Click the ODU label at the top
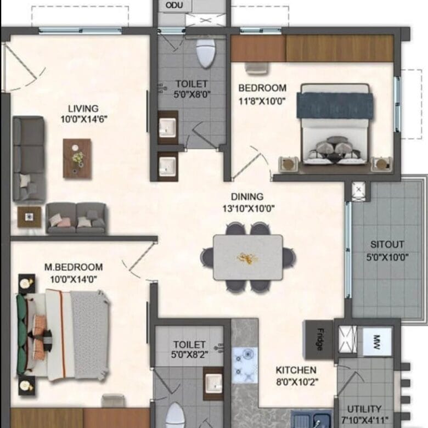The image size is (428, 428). click(x=174, y=5)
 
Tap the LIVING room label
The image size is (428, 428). click(x=83, y=109)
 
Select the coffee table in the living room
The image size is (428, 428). click(x=77, y=159)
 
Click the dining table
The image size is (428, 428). click(x=248, y=257)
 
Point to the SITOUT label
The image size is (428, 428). click(x=387, y=245)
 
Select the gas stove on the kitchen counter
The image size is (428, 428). click(x=245, y=365)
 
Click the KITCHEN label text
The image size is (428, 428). click(x=296, y=370)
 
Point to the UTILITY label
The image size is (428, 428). click(x=364, y=409)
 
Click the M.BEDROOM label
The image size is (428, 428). click(x=74, y=267)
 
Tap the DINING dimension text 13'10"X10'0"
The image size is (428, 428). click(x=249, y=209)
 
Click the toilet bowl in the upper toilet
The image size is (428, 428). click(x=206, y=54)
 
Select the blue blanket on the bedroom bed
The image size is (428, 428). click(x=335, y=106)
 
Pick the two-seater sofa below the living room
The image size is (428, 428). click(x=76, y=218)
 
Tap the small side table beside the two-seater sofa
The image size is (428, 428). click(x=29, y=217)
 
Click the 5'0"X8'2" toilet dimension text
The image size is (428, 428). click(x=190, y=354)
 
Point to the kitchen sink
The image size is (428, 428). click(x=312, y=419)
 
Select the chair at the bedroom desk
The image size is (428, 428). click(x=256, y=67)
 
